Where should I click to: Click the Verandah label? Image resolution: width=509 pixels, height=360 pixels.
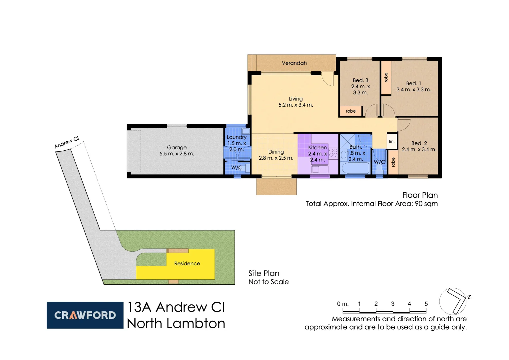click(x=294, y=63)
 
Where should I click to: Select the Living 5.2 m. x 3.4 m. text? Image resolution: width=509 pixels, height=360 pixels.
click(x=295, y=102)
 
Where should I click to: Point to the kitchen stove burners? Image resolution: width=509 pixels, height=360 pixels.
click(x=333, y=153)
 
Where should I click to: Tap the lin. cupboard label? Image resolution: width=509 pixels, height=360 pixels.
click(x=392, y=141)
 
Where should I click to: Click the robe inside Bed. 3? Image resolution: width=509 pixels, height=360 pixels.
click(x=350, y=111)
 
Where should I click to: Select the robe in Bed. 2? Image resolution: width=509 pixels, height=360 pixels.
click(x=393, y=162)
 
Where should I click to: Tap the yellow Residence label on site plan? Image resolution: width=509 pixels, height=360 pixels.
click(x=187, y=263)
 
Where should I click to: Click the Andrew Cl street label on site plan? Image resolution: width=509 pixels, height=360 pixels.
click(x=67, y=142)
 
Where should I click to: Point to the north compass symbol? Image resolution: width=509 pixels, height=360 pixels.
click(x=453, y=301)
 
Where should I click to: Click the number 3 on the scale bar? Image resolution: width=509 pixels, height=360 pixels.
click(x=393, y=304)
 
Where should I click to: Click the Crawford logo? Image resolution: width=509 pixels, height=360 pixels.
click(x=85, y=315)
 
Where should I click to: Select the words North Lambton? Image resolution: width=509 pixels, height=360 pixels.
click(x=176, y=323)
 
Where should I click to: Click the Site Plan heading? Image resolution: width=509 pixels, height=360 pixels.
click(x=263, y=273)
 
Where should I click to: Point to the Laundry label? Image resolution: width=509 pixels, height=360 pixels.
click(x=237, y=137)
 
